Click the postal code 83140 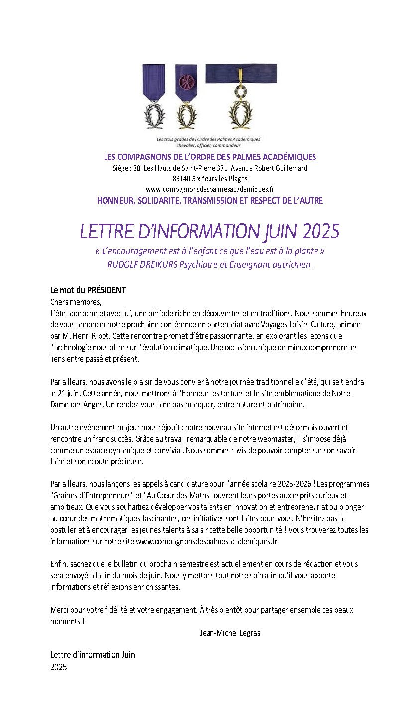pos(182,179)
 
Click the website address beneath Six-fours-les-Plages pos(210,189)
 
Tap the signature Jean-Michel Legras pos(230,633)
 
